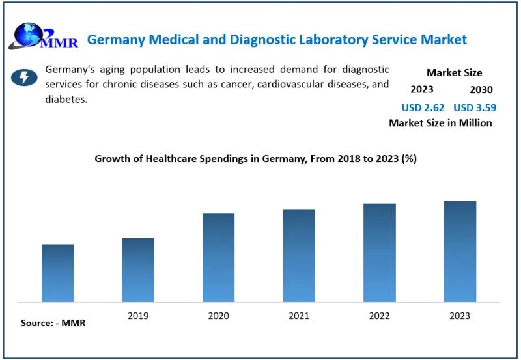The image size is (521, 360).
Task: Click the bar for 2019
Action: (x=138, y=270)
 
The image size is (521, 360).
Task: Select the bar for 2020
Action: (x=218, y=257)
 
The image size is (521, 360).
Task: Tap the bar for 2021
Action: (x=299, y=255)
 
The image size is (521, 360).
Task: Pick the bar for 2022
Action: (x=379, y=253)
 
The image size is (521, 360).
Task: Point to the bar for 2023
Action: (x=460, y=251)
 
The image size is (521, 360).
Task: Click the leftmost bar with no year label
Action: (x=58, y=273)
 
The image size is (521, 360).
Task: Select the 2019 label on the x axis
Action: (x=138, y=316)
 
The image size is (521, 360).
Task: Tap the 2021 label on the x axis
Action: (x=299, y=316)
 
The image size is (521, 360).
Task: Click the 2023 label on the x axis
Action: (x=460, y=316)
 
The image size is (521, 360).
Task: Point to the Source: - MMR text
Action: (x=53, y=323)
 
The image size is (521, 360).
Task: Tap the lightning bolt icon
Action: (x=24, y=78)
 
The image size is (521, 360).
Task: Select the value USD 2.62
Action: (x=423, y=107)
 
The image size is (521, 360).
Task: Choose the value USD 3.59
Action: (x=473, y=107)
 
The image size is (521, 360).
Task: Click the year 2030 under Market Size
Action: (x=481, y=90)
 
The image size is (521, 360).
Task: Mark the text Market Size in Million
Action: (x=440, y=123)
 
